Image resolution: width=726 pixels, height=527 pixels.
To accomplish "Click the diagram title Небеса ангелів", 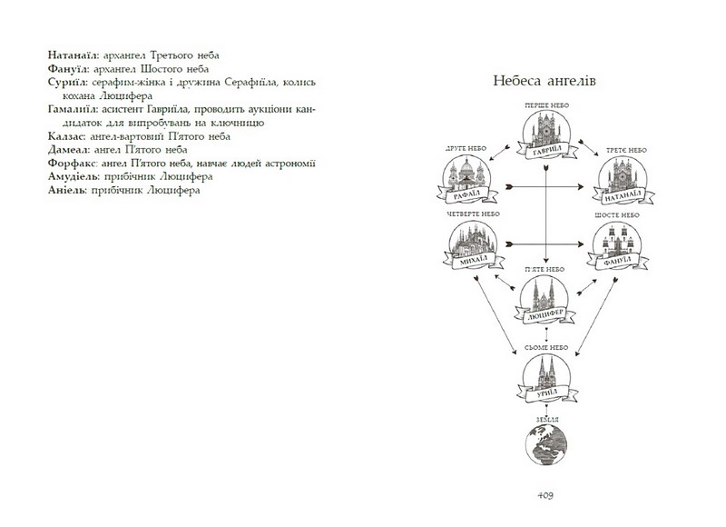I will [x=544, y=79].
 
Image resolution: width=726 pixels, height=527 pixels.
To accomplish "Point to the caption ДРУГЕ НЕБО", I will [x=468, y=146].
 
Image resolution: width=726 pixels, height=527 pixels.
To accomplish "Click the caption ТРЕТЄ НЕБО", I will [x=620, y=146].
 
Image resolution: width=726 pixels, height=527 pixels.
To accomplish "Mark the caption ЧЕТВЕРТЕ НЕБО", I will [x=468, y=214].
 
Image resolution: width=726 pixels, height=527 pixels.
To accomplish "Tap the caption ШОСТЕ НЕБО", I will [x=620, y=214].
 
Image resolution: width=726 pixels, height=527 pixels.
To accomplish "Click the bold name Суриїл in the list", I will [x=64, y=82].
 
